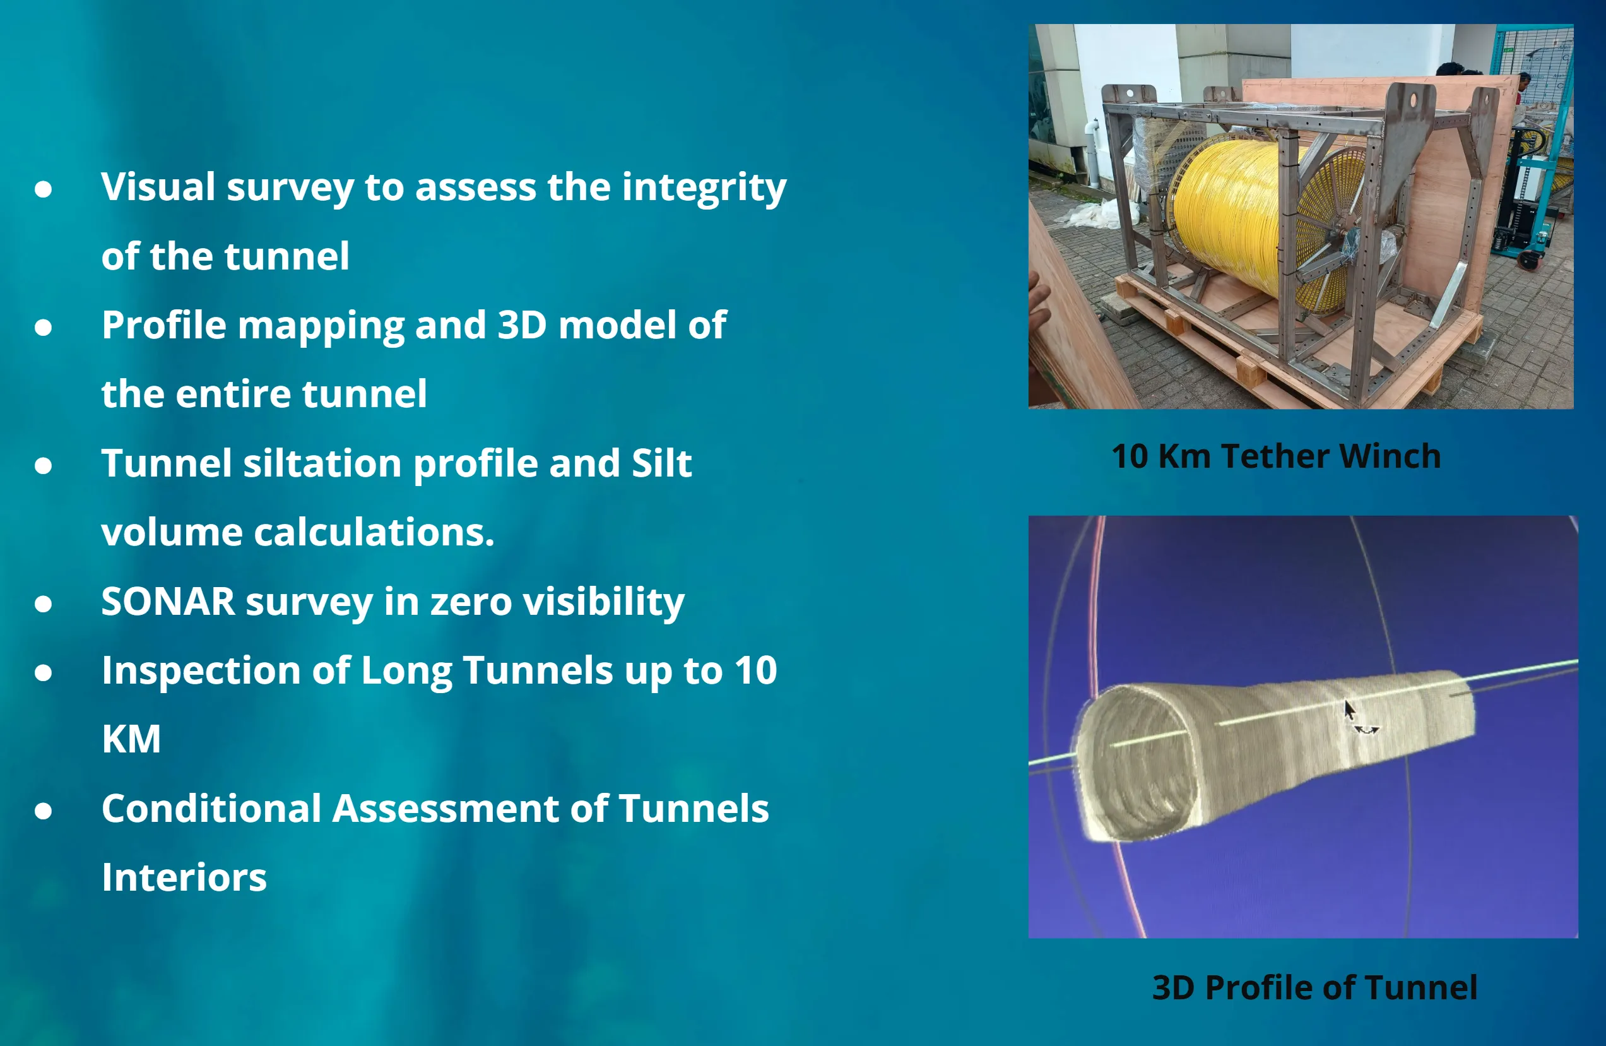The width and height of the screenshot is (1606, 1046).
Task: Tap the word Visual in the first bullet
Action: click(158, 186)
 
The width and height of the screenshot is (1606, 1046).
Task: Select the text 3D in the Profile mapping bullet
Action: click(522, 324)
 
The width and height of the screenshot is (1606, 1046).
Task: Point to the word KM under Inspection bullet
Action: click(131, 739)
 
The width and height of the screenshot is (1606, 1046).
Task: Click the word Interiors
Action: click(184, 877)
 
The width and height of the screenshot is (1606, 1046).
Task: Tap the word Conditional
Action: click(211, 809)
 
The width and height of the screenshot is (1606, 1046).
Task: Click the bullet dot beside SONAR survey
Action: click(43, 603)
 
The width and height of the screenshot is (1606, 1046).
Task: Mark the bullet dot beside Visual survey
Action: click(43, 189)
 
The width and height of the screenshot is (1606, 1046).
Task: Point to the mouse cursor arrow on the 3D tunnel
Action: click(1349, 710)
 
